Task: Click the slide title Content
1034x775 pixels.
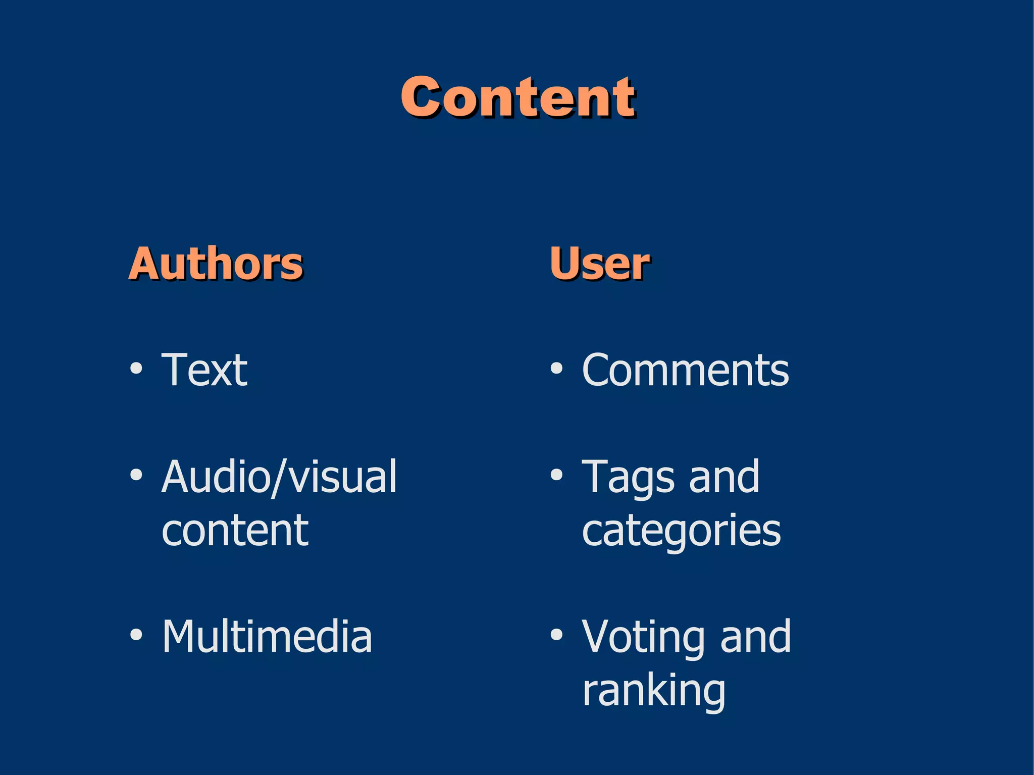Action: pyautogui.click(x=518, y=97)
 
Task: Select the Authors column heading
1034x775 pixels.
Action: pyautogui.click(x=216, y=263)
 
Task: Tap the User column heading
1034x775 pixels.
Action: pyautogui.click(x=600, y=263)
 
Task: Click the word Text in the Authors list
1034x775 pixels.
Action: pyautogui.click(x=204, y=370)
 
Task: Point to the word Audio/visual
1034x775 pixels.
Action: pyautogui.click(x=279, y=477)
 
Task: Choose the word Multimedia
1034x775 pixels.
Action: pyautogui.click(x=267, y=637)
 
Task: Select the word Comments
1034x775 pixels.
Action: pyautogui.click(x=685, y=370)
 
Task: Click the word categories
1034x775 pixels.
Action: pyautogui.click(x=681, y=531)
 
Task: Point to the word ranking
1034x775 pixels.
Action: pyautogui.click(x=654, y=691)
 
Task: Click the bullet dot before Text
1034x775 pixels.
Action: pyautogui.click(x=136, y=369)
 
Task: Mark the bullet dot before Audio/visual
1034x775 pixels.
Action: pyautogui.click(x=136, y=475)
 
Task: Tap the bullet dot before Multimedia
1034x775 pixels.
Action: pyautogui.click(x=136, y=635)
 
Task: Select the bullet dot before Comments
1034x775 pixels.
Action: pyautogui.click(x=556, y=369)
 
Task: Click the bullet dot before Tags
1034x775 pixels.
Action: pyautogui.click(x=556, y=475)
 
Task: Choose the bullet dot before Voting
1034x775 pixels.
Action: pyautogui.click(x=556, y=635)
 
